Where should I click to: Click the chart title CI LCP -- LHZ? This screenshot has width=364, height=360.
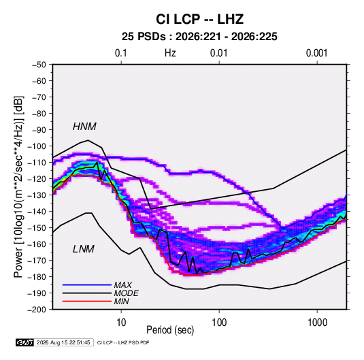(x=199, y=19)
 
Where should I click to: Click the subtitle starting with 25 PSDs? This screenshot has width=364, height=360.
(x=199, y=37)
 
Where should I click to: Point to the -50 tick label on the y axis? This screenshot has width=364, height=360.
(x=39, y=65)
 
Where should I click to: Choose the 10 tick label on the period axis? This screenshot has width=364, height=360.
(x=121, y=323)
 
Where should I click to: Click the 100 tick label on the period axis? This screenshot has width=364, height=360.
(x=219, y=323)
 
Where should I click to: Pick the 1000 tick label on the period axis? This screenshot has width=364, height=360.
(x=317, y=323)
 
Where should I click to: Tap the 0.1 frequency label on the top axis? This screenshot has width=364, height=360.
(x=121, y=53)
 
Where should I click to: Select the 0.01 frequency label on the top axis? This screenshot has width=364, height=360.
(x=218, y=53)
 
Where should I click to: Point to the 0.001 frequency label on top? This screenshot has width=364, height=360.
(x=316, y=53)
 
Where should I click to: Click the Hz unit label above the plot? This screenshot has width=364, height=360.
(x=170, y=53)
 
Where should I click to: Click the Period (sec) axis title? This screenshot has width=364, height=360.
(x=170, y=330)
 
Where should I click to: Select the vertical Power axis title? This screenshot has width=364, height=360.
(x=18, y=186)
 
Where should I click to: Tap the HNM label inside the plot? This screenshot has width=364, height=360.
(x=84, y=127)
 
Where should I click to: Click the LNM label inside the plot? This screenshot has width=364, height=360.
(x=84, y=249)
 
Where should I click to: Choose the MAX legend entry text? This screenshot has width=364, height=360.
(x=122, y=285)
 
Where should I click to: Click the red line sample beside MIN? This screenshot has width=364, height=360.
(x=87, y=301)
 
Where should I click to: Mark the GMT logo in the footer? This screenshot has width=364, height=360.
(x=24, y=342)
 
